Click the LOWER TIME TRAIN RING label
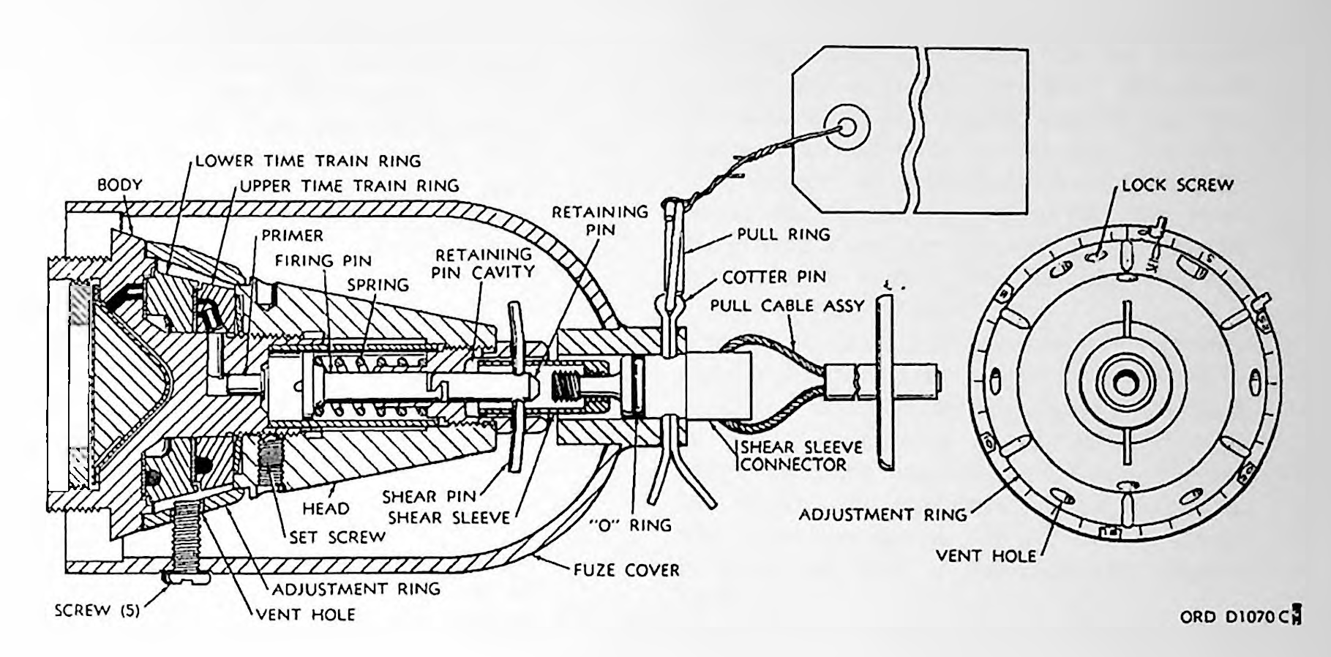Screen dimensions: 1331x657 pyautogui.click(x=308, y=160)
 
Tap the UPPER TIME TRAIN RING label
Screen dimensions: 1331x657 pyautogui.click(x=350, y=186)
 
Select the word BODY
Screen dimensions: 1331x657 pyautogui.click(x=120, y=185)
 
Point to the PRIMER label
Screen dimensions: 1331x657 pyautogui.click(x=293, y=236)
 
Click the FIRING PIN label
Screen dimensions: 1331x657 pyautogui.click(x=323, y=260)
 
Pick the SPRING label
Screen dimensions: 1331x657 pyautogui.click(x=378, y=285)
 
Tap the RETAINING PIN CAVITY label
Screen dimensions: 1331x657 pyautogui.click(x=484, y=263)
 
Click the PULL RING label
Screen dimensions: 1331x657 pyautogui.click(x=784, y=234)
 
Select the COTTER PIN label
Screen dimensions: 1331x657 pyautogui.click(x=774, y=277)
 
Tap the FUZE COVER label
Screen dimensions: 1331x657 pyautogui.click(x=626, y=569)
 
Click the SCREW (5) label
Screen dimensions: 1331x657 pyautogui.click(x=97, y=610)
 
